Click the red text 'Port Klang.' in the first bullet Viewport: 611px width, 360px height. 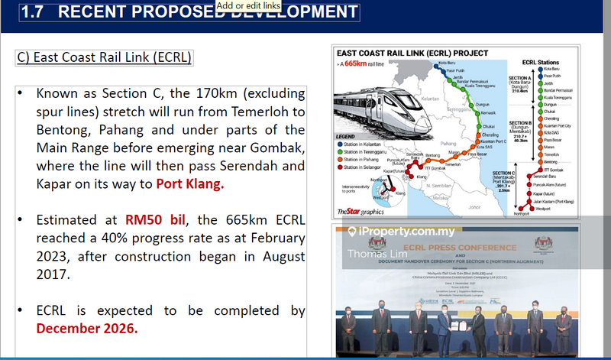coord(190,183)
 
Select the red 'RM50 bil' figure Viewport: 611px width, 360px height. coord(156,220)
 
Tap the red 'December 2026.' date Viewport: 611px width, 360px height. coord(87,329)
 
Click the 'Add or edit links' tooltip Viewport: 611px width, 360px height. coord(248,5)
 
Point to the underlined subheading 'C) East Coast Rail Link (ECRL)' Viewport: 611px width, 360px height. coord(104,58)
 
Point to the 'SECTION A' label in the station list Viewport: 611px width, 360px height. coord(521,78)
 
